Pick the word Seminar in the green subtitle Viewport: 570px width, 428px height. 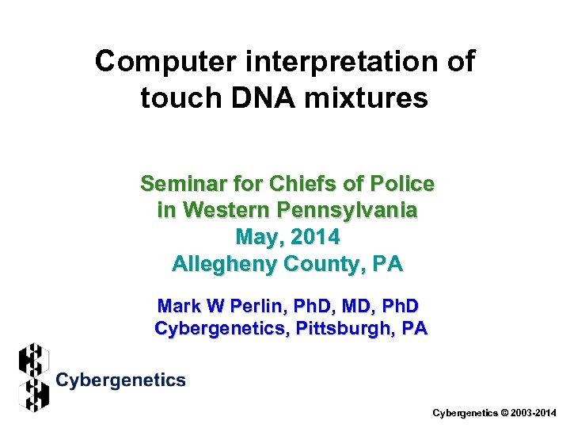pyautogui.click(x=179, y=184)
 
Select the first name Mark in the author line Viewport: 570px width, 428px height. pyautogui.click(x=180, y=306)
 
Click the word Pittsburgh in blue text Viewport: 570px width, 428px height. pyautogui.click(x=348, y=328)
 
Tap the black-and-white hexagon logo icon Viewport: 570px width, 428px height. pyautogui.click(x=33, y=377)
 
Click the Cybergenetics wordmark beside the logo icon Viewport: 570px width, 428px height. pyautogui.click(x=121, y=380)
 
